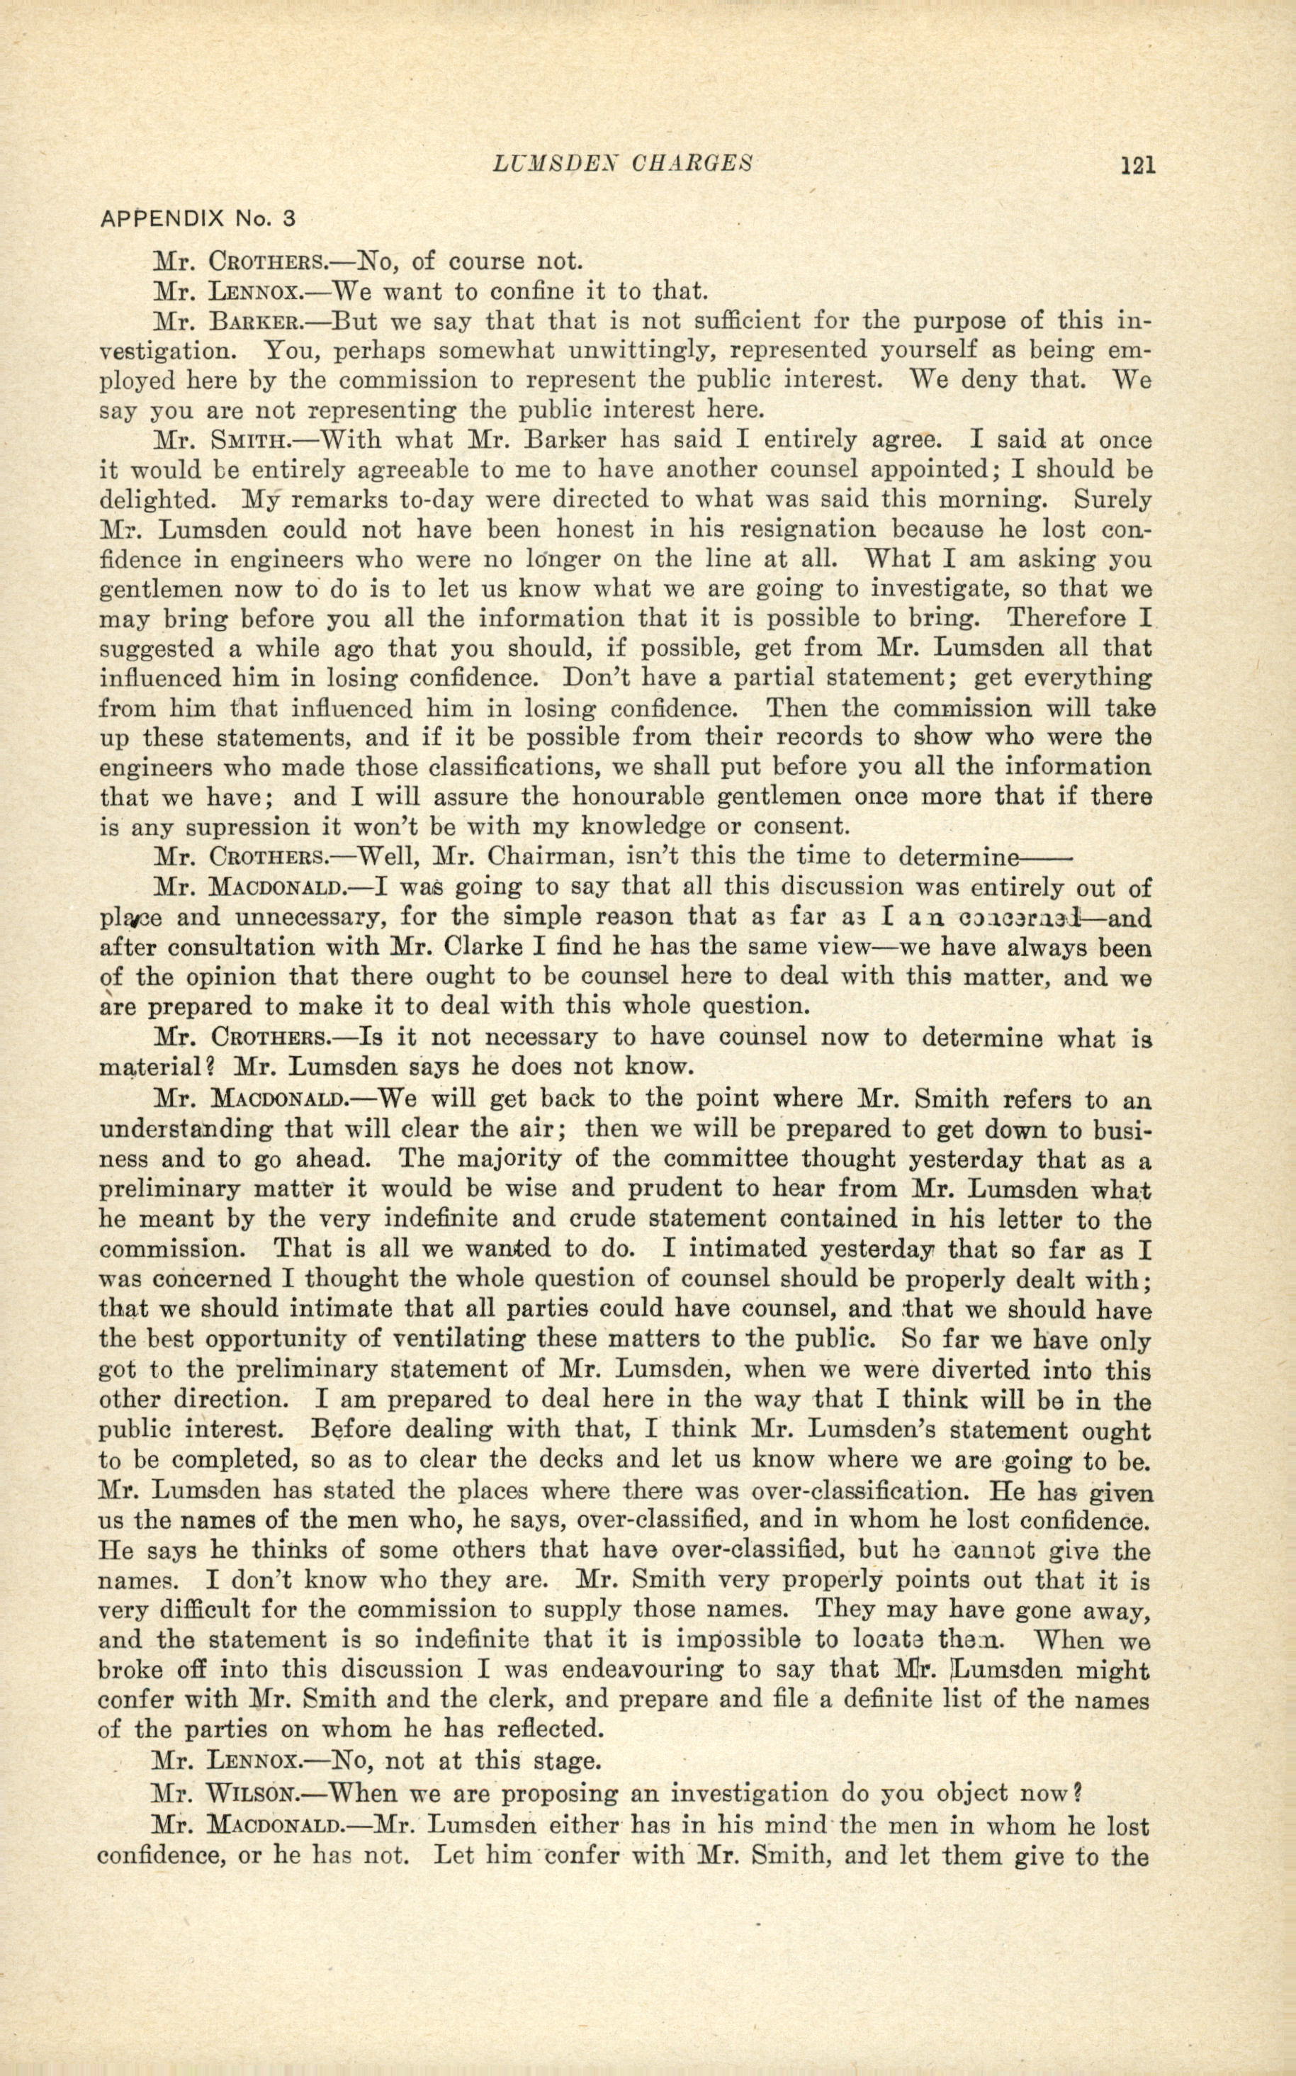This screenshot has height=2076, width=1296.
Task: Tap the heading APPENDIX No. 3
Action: point(198,218)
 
